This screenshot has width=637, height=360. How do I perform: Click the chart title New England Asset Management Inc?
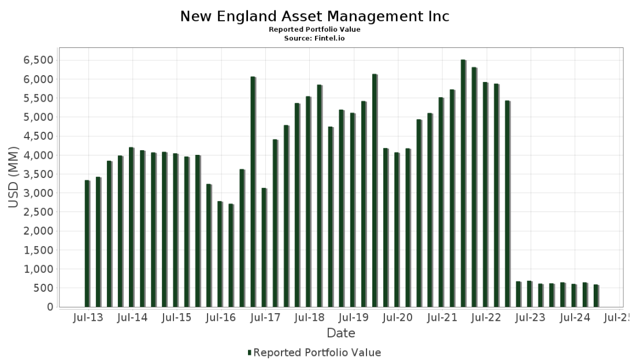click(315, 16)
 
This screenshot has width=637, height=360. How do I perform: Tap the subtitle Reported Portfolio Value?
click(314, 29)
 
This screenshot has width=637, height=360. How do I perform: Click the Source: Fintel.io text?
click(314, 39)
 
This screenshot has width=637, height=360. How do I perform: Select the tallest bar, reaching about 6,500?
click(463, 183)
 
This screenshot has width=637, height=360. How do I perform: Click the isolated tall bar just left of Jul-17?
click(253, 192)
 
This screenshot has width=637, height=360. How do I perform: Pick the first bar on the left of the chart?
click(87, 243)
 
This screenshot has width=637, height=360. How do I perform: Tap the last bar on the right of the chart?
click(596, 296)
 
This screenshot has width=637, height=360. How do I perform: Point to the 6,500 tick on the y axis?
click(39, 61)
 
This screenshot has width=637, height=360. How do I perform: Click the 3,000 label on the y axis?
click(39, 194)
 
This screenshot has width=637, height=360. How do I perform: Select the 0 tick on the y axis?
click(50, 307)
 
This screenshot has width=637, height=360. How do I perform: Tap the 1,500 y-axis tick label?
click(39, 250)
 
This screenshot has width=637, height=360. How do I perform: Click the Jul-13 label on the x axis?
click(88, 318)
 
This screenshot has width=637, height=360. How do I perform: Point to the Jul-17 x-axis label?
click(265, 318)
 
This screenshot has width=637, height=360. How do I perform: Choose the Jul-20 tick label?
click(398, 318)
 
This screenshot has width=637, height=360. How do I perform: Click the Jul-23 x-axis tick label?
click(530, 318)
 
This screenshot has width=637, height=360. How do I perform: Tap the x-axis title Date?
click(341, 333)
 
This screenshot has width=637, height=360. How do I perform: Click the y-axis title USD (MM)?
click(13, 177)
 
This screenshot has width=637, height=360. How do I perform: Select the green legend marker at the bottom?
click(250, 352)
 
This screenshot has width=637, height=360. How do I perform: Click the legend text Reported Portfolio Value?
click(317, 352)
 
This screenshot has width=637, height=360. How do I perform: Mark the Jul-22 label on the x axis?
click(486, 318)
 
